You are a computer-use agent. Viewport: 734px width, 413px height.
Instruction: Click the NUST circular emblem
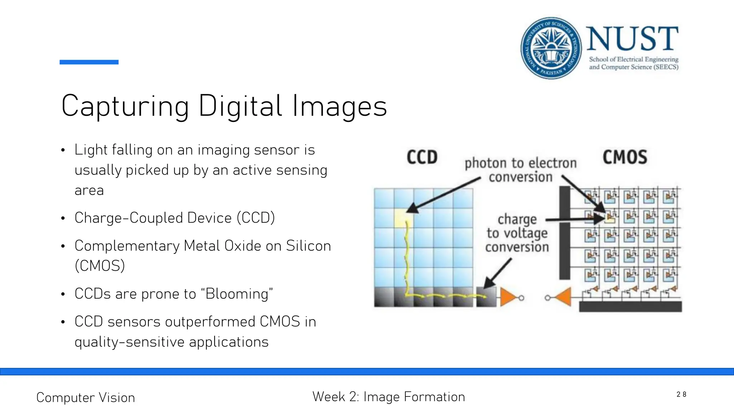[x=551, y=48]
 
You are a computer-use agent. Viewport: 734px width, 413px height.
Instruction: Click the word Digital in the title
[x=240, y=106]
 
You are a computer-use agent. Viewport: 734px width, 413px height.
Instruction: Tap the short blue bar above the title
[x=89, y=62]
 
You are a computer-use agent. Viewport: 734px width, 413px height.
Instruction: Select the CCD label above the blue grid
[x=422, y=157]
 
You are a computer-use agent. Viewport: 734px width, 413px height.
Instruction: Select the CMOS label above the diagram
[x=625, y=157]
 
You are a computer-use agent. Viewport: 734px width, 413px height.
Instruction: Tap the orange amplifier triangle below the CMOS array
[x=563, y=297]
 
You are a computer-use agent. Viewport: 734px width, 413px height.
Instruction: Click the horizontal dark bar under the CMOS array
[x=630, y=307]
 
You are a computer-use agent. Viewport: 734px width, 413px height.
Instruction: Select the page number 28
[x=681, y=394]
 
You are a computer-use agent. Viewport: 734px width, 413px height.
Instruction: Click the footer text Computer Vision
[x=86, y=398]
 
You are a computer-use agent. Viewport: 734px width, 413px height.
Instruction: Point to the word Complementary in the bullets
[x=127, y=246]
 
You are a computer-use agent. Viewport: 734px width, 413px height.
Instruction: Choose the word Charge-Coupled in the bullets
[x=153, y=218]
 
